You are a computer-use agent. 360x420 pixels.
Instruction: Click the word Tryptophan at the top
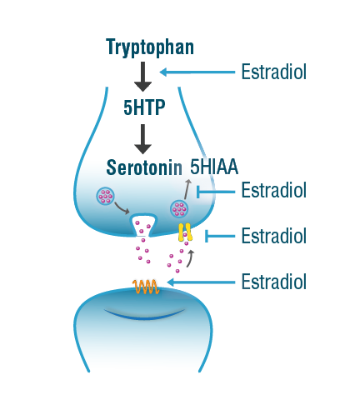(150, 47)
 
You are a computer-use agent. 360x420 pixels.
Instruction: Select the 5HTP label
(144, 107)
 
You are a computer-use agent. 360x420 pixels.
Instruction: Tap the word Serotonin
(144, 167)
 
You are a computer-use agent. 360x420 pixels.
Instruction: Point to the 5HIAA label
(214, 167)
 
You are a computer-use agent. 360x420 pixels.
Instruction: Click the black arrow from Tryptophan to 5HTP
(142, 77)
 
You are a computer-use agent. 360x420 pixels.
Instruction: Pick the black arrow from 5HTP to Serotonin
(142, 139)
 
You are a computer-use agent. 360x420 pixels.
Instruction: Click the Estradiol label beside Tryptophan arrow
(274, 72)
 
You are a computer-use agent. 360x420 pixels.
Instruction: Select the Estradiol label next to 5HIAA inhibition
(274, 190)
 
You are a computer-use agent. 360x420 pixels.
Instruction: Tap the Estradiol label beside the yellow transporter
(274, 236)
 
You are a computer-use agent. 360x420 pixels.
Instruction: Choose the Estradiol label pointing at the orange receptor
(274, 282)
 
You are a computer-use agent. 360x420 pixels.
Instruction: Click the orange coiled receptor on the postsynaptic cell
(146, 287)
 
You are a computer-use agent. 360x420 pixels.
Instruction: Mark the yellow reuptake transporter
(185, 232)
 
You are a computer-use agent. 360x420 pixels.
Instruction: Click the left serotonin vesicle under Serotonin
(105, 196)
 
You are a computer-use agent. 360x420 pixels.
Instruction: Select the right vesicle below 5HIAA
(179, 209)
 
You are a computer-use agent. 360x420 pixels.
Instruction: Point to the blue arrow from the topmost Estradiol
(197, 72)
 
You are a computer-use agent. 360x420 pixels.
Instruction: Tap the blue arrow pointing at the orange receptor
(201, 282)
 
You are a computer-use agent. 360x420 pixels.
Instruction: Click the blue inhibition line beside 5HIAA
(216, 192)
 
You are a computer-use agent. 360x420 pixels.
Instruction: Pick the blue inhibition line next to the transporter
(220, 236)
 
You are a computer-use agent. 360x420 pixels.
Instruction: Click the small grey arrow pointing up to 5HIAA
(187, 189)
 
